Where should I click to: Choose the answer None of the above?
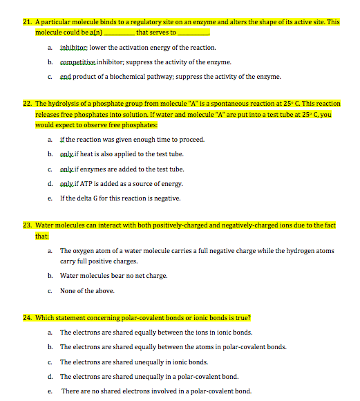87,290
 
